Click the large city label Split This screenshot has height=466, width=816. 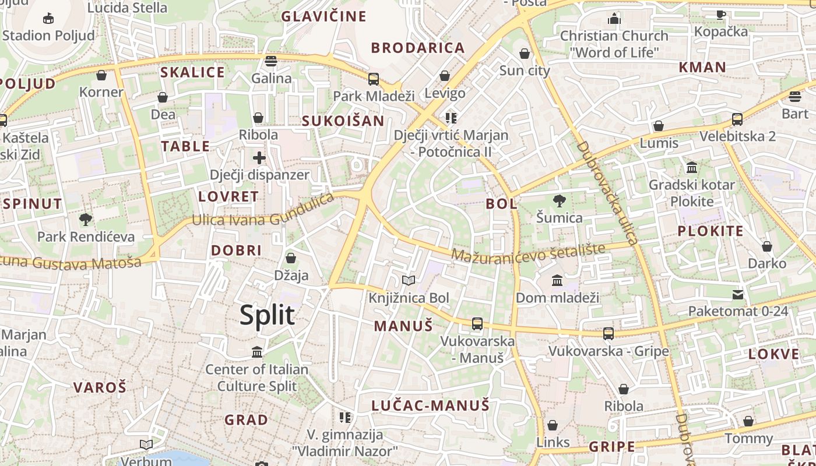pyautogui.click(x=268, y=315)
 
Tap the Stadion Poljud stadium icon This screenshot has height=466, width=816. pyautogui.click(x=48, y=18)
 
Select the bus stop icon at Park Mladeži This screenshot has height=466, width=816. pyautogui.click(x=374, y=79)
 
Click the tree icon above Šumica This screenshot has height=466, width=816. pyautogui.click(x=559, y=201)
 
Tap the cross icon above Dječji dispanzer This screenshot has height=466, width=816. pyautogui.click(x=259, y=157)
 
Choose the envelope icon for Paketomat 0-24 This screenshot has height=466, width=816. pyautogui.click(x=738, y=294)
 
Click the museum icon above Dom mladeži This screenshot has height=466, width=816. pyautogui.click(x=557, y=281)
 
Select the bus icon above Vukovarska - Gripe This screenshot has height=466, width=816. pyautogui.click(x=609, y=334)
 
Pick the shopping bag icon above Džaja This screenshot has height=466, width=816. pyautogui.click(x=291, y=258)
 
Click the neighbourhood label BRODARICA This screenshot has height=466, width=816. pyautogui.click(x=418, y=48)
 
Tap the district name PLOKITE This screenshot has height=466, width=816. pyautogui.click(x=711, y=231)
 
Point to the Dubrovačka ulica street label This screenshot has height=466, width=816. pyautogui.click(x=608, y=192)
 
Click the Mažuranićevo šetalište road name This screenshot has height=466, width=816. pyautogui.click(x=528, y=252)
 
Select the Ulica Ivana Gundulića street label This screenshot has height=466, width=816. pyautogui.click(x=263, y=211)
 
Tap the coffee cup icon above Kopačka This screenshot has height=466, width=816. pyautogui.click(x=721, y=15)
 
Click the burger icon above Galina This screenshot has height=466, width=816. pyautogui.click(x=270, y=61)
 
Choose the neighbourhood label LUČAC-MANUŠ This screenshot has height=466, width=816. pyautogui.click(x=430, y=405)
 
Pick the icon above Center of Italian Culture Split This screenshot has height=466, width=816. pyautogui.click(x=256, y=352)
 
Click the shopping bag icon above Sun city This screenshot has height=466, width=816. pyautogui.click(x=525, y=54)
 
